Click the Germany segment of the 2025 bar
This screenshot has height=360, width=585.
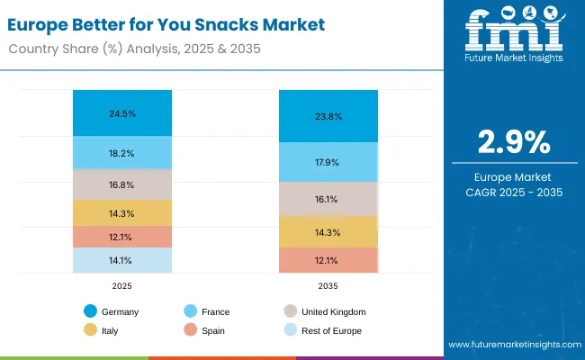(123, 113)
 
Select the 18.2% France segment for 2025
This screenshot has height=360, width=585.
(123, 154)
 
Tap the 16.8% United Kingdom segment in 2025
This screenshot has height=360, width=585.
(123, 185)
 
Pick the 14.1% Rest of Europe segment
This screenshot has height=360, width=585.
(123, 261)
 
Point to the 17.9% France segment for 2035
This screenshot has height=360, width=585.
(328, 162)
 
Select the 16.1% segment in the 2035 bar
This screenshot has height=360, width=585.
(328, 199)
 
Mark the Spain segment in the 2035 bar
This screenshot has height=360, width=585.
(328, 260)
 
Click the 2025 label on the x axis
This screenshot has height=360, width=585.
(123, 285)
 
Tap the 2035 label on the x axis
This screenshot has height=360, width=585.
(328, 285)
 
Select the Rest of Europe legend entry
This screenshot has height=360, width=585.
(323, 330)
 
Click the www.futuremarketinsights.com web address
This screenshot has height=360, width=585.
(510, 345)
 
